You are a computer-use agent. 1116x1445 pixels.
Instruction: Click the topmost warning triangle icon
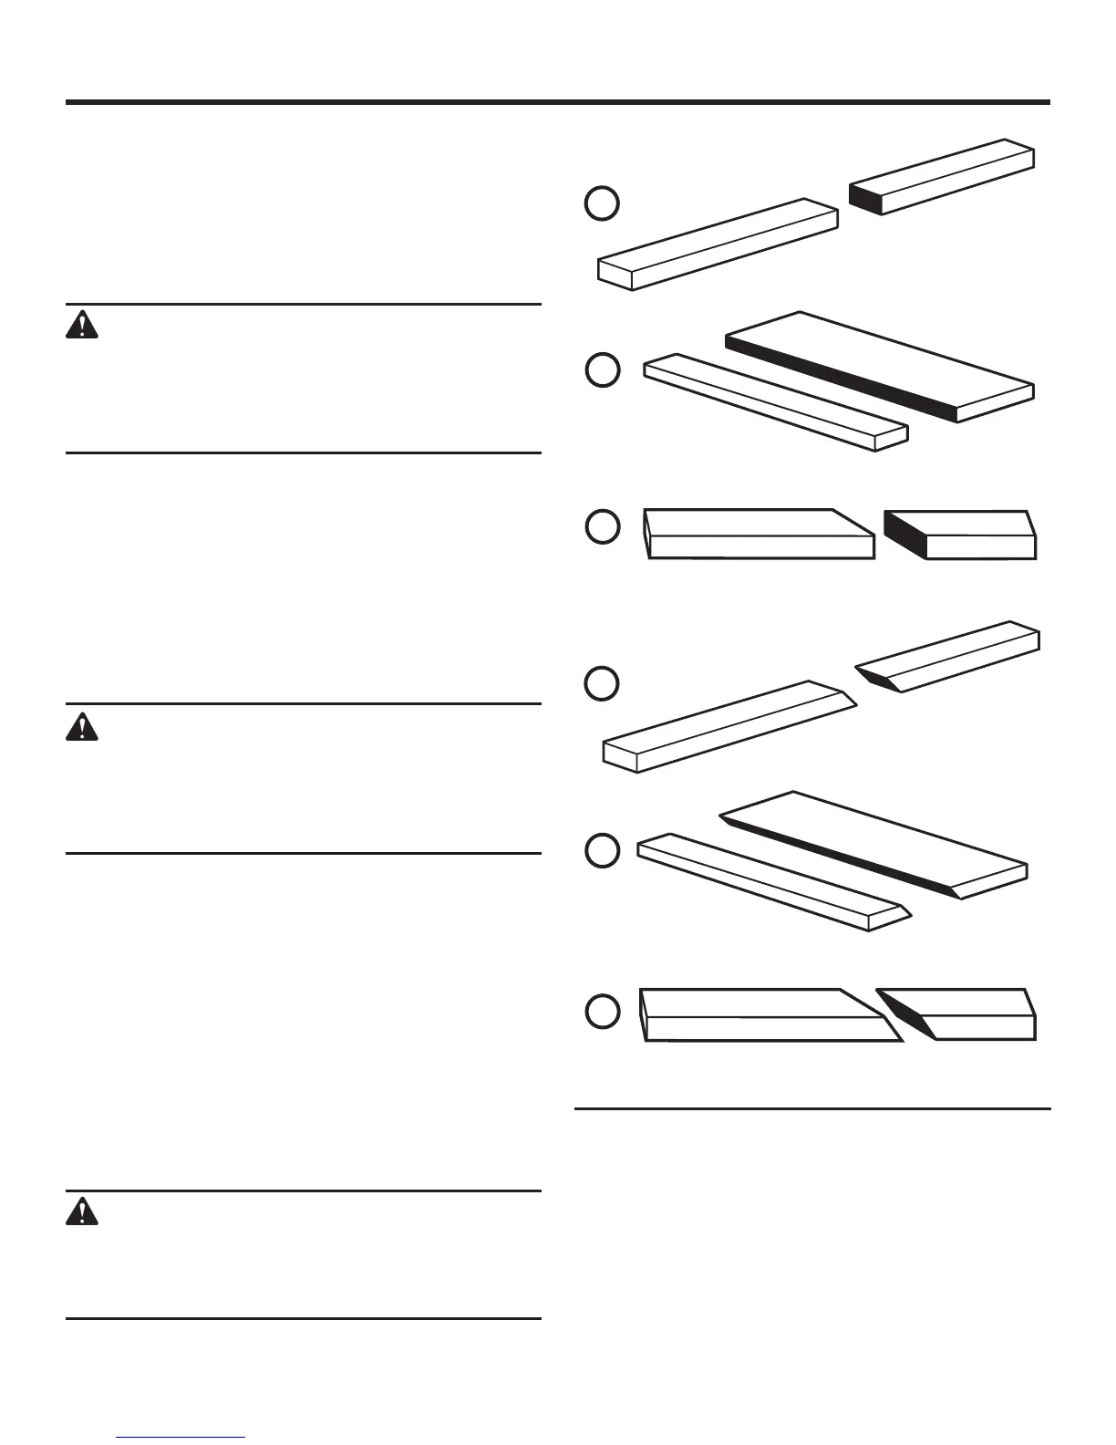[81, 325]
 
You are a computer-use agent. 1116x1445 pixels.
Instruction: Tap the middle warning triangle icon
[81, 726]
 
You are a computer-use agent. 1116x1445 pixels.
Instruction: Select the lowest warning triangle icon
[81, 1211]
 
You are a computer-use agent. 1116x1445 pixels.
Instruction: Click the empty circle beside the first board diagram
[602, 203]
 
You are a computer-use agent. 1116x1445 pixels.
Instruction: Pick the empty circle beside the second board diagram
[602, 370]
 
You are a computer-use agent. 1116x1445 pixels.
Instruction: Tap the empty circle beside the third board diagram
[602, 527]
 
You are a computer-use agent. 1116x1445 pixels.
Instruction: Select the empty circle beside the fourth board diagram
[602, 683]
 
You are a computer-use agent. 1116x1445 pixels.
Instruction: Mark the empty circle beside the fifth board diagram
[602, 850]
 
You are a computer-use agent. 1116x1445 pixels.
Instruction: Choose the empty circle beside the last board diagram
[602, 1012]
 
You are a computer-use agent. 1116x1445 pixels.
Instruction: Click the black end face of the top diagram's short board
[866, 198]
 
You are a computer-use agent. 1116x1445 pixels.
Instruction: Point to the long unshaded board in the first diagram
[718, 244]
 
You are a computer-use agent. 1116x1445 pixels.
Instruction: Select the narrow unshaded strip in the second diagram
[775, 401]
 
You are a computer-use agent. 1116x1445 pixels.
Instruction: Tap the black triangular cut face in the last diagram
[907, 1013]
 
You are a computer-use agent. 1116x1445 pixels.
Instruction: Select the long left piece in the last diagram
[766, 1014]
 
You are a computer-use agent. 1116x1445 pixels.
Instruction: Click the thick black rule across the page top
[558, 102]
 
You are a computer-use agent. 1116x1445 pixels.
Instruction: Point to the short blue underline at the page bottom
[181, 1438]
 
